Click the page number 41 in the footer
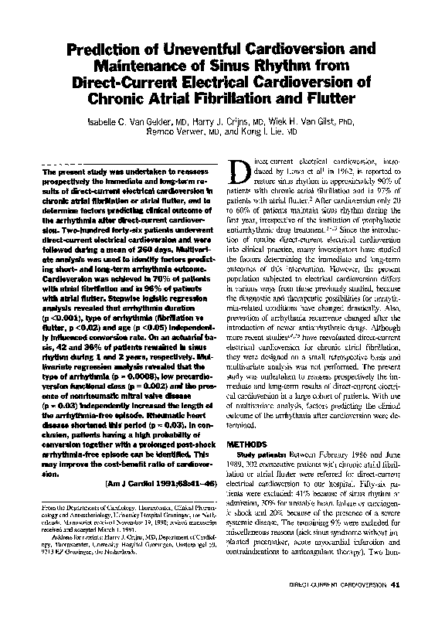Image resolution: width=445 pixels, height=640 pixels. pos(396,604)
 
